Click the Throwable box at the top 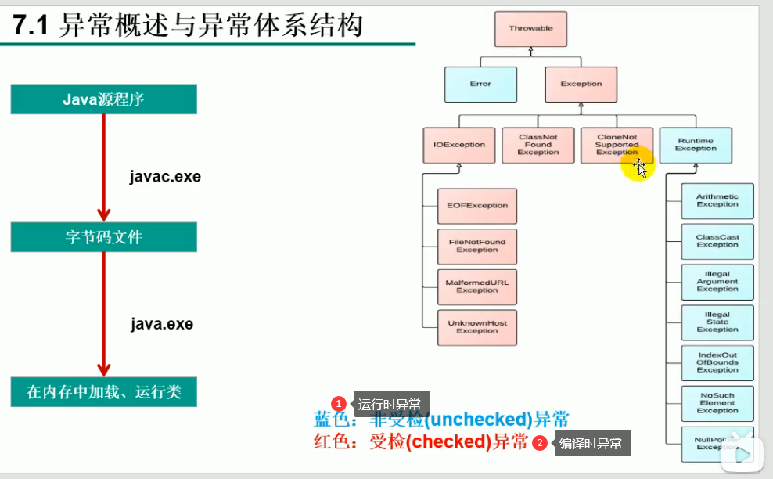pyautogui.click(x=530, y=28)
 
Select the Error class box pyautogui.click(x=480, y=84)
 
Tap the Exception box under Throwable pyautogui.click(x=581, y=84)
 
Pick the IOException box pyautogui.click(x=459, y=145)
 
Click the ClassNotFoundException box pyautogui.click(x=538, y=145)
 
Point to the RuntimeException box pyautogui.click(x=696, y=145)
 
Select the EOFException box pyautogui.click(x=477, y=206)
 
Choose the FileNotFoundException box pyautogui.click(x=477, y=246)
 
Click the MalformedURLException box pyautogui.click(x=477, y=286)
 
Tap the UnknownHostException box pyautogui.click(x=477, y=327)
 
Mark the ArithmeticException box pyautogui.click(x=717, y=200)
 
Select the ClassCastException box pyautogui.click(x=717, y=241)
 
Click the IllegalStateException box pyautogui.click(x=717, y=322)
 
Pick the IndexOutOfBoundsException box pyautogui.click(x=717, y=363)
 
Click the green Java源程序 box pyautogui.click(x=103, y=99)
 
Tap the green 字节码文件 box pyautogui.click(x=103, y=237)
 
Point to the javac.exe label pyautogui.click(x=165, y=177)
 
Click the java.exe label pyautogui.click(x=162, y=324)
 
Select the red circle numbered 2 pyautogui.click(x=539, y=444)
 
